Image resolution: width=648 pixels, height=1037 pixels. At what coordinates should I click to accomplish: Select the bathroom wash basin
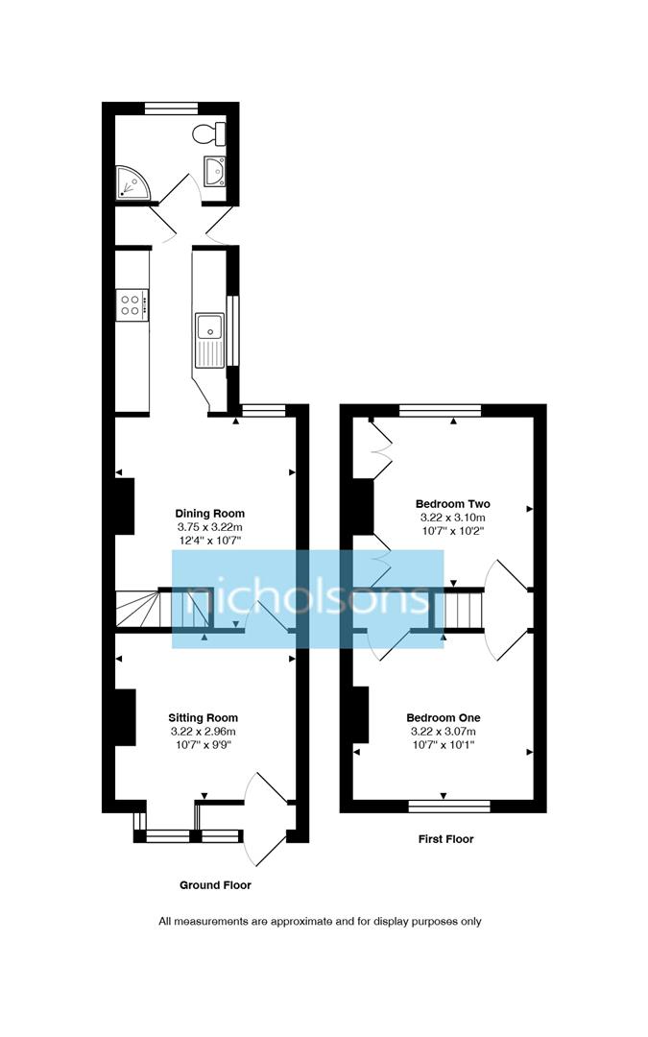[215, 171]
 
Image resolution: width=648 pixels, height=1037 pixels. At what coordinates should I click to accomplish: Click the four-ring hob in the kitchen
[132, 305]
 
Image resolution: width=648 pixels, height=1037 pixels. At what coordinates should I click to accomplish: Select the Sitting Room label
[203, 717]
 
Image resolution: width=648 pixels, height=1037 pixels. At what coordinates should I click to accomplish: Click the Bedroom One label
[443, 717]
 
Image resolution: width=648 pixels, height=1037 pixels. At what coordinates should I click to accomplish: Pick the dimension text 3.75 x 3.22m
[209, 527]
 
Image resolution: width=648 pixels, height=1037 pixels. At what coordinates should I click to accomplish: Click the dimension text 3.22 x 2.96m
[203, 731]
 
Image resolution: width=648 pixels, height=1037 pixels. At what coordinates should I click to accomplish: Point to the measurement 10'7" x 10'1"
[443, 744]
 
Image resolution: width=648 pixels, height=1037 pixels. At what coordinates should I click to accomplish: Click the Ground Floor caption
[215, 884]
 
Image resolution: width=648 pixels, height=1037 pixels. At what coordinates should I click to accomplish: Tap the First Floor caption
[445, 838]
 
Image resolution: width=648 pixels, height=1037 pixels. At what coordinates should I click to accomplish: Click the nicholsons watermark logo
[307, 598]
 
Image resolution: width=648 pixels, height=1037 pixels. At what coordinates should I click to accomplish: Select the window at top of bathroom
[171, 108]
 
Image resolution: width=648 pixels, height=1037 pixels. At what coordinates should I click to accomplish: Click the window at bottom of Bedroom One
[444, 807]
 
